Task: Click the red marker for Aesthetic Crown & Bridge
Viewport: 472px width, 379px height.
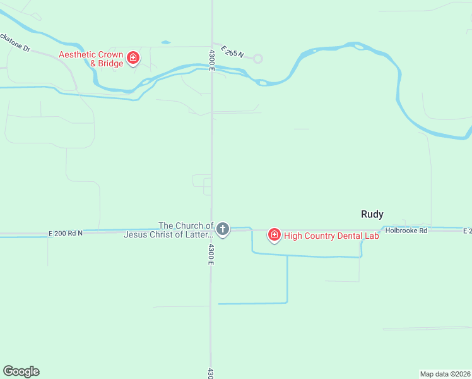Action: click(x=133, y=59)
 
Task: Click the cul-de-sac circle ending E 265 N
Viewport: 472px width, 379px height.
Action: click(x=257, y=59)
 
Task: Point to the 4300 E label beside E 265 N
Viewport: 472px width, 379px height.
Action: click(x=212, y=59)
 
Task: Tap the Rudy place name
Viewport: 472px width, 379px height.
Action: click(x=372, y=214)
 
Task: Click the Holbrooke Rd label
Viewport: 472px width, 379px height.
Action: click(x=406, y=231)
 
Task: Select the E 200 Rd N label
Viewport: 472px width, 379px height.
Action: click(x=66, y=233)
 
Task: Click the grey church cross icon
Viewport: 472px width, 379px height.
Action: click(x=222, y=229)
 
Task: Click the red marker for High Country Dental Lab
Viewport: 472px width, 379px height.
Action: click(x=274, y=236)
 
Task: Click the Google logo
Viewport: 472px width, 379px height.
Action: click(x=21, y=371)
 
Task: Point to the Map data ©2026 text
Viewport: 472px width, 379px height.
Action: click(x=445, y=373)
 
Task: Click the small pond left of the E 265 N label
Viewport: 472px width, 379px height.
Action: click(x=165, y=42)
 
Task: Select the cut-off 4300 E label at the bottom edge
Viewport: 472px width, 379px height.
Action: click(x=211, y=373)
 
